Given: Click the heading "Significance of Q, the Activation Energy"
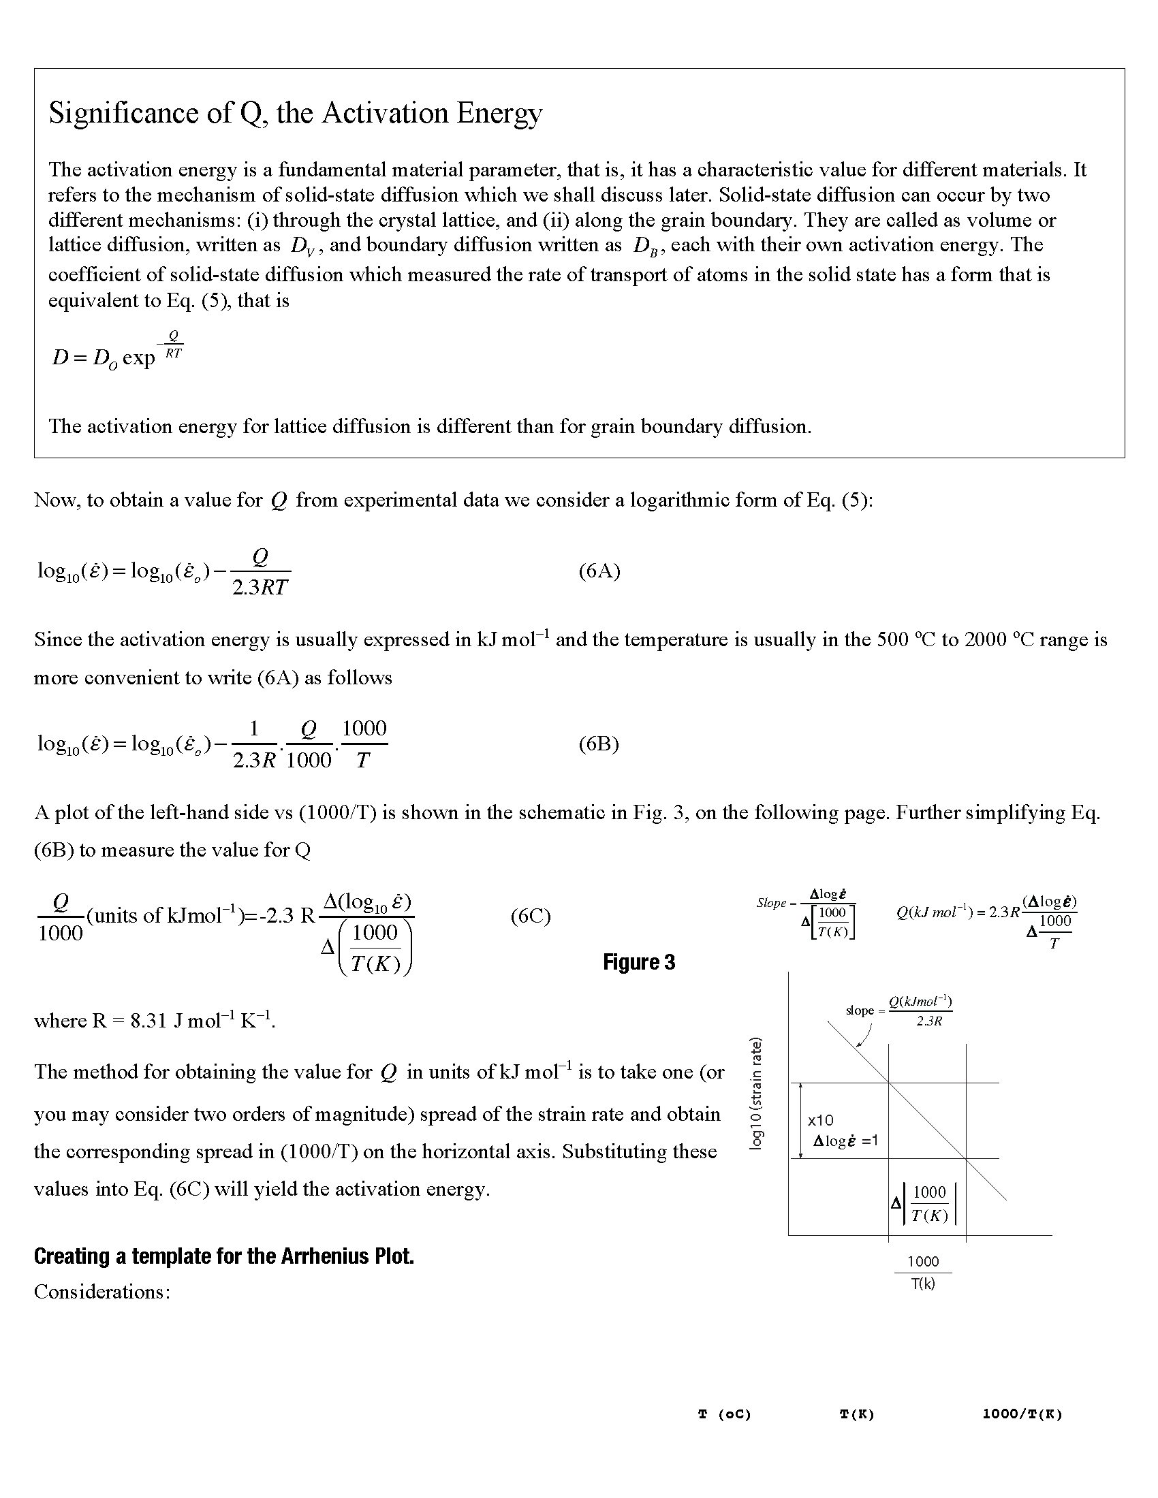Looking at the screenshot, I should pos(295,113).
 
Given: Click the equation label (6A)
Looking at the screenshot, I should pos(599,571).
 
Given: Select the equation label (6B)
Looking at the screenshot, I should pos(599,744).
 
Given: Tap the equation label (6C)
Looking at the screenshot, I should pos(530,917).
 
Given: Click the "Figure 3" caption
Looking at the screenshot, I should pos(639,962).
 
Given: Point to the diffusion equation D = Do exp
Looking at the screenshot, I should pos(116,354).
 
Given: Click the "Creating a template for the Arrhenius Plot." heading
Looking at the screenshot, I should pos(223,1256).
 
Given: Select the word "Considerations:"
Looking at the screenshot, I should pos(101,1292).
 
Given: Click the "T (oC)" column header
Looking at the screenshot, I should pos(725,1414).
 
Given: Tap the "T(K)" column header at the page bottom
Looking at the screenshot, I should pos(857,1414).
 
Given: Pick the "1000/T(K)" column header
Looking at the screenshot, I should pos(1022,1414).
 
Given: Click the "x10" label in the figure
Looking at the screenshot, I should pos(821,1120).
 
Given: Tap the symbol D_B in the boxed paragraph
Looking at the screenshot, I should pos(645,246).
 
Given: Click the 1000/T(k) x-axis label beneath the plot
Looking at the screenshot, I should pos(923,1273).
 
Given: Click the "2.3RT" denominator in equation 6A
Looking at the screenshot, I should pos(260,588).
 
